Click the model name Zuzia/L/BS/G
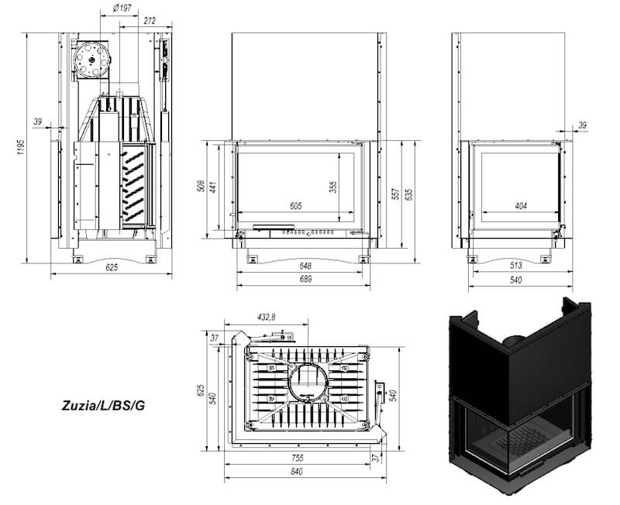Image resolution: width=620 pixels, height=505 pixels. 103,405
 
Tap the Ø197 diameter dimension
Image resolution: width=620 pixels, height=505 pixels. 122,9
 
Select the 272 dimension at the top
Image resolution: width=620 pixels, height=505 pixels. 150,21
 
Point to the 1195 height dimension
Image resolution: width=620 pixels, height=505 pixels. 22,146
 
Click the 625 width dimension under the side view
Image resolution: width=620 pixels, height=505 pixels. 112,267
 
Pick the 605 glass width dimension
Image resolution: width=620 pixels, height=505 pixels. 296,205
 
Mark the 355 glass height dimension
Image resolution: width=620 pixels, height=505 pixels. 333,187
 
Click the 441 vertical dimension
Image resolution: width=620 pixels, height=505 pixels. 213,187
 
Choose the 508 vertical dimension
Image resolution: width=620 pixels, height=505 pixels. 201,186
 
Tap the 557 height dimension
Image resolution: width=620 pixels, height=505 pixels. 396,194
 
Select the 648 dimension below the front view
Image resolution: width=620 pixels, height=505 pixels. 305,266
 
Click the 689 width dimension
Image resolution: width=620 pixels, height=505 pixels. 305,279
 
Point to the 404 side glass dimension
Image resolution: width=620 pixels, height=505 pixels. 521,205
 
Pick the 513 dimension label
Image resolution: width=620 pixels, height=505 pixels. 516,266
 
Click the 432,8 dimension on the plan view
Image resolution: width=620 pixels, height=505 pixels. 266,317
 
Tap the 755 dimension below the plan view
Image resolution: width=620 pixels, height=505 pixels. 298,458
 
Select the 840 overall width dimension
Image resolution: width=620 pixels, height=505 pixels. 297,472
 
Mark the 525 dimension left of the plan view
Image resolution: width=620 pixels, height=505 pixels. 201,390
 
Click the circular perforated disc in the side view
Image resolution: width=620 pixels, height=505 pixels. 92,60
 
